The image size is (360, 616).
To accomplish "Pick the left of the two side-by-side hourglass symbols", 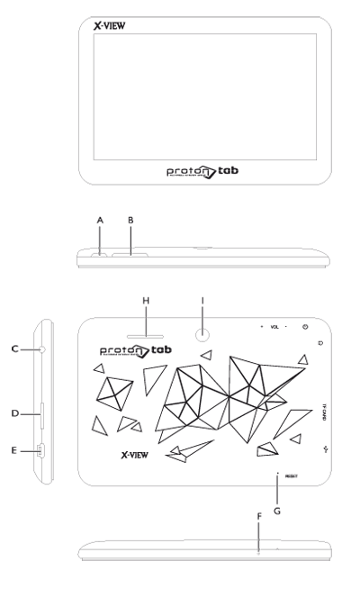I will (146, 320).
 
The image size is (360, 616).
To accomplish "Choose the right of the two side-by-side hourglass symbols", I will (202, 319).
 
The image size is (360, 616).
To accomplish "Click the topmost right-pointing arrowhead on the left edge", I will (28, 349).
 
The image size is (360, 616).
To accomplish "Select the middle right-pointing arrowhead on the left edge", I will (28, 414).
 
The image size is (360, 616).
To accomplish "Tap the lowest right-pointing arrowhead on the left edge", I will (28, 450).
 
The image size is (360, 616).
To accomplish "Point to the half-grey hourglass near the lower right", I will (280, 490).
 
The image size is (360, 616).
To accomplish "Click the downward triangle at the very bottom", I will (257, 531).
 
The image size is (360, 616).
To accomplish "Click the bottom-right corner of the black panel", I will (330, 560).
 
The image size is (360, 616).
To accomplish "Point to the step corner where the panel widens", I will (36, 330).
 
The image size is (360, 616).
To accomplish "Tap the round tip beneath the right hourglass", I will (202, 336).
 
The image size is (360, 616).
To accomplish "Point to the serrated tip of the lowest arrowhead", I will (40, 450).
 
